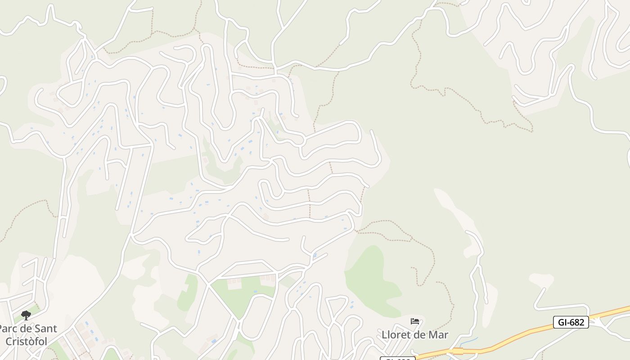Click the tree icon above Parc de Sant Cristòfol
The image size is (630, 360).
coord(26,315)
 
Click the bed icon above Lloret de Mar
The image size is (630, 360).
coord(415,321)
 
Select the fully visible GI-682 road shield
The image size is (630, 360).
coord(571,322)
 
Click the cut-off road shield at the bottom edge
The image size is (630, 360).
coord(397,358)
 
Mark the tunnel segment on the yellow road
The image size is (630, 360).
coord(458,351)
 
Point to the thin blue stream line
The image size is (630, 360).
coord(468,341)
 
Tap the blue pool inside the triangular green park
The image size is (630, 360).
coord(256,292)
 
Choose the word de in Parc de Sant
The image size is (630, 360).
coord(27,329)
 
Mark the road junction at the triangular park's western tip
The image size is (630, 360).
coord(208,283)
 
